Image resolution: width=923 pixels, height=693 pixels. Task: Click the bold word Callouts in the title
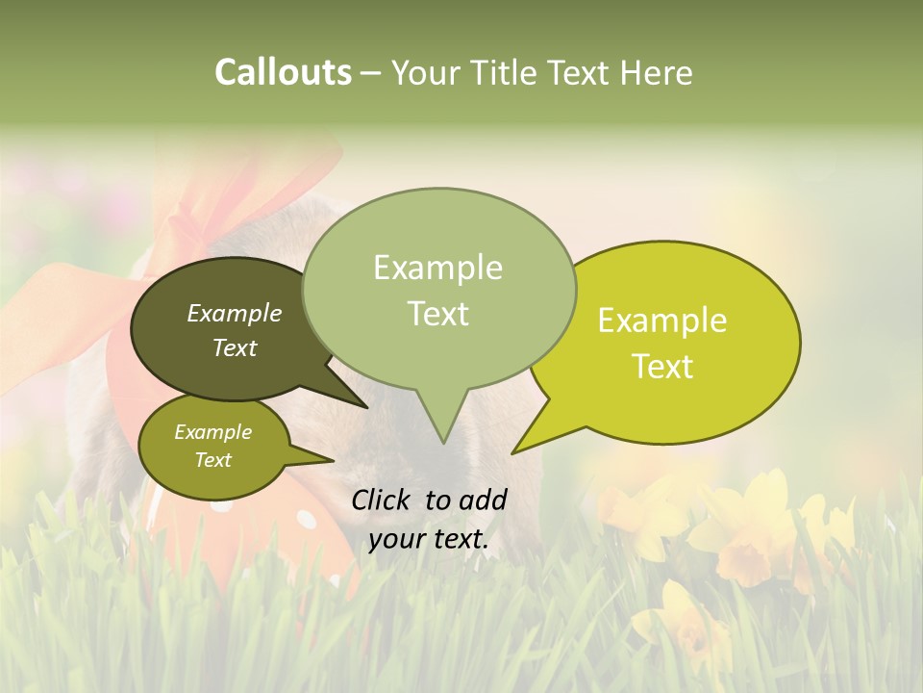point(283,72)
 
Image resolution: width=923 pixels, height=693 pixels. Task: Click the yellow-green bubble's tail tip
point(514,451)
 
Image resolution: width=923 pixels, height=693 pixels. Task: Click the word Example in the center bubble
point(437,268)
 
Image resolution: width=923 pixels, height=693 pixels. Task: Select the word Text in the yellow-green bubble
point(662,367)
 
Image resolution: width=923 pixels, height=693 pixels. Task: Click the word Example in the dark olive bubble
point(234,314)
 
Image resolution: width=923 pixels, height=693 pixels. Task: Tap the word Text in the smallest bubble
point(212,460)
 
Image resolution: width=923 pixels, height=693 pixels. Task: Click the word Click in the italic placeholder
point(382,500)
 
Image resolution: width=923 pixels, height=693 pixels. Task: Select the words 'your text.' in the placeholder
point(429,540)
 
